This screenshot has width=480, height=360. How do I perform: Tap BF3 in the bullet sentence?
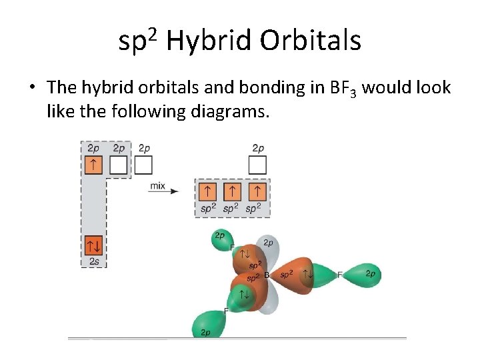(x=345, y=88)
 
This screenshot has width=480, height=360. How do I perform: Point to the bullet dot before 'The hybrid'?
(x=31, y=88)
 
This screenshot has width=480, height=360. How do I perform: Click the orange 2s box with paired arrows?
(x=93, y=245)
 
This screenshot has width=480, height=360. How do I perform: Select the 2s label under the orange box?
(x=94, y=262)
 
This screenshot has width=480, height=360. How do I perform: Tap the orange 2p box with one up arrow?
(x=93, y=164)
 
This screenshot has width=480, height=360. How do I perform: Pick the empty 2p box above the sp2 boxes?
(x=257, y=164)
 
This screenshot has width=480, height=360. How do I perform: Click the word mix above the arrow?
(x=157, y=185)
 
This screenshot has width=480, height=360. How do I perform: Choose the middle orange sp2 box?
(x=231, y=193)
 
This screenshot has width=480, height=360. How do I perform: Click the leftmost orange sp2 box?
(x=208, y=193)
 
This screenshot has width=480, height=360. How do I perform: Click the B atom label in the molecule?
(x=266, y=275)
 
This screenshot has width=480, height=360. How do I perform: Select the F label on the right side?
(x=339, y=274)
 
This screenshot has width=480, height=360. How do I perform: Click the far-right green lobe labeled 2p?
(x=369, y=274)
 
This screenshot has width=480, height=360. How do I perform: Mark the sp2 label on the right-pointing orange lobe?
(x=286, y=274)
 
